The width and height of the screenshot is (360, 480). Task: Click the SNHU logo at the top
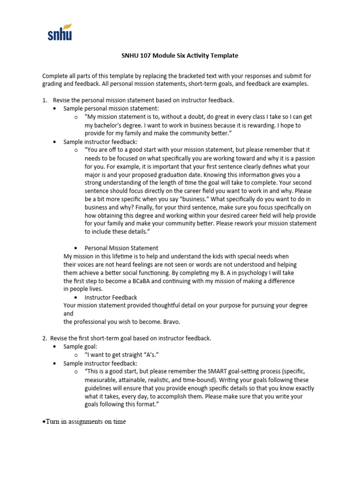pos(60,33)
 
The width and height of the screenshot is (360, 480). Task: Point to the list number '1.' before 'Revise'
pos(45,100)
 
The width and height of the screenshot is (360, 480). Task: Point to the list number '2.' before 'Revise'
pos(45,337)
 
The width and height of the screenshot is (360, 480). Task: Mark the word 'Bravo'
pos(169,322)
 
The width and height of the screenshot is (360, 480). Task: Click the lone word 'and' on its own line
pos(68,313)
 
